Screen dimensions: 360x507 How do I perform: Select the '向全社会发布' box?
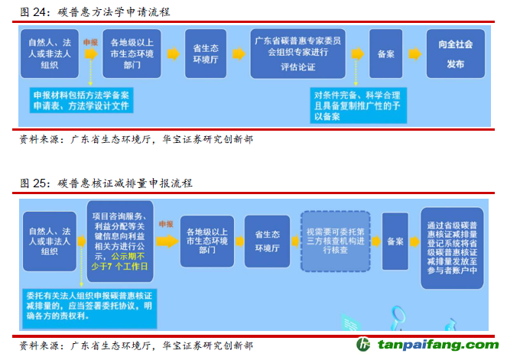[456, 54]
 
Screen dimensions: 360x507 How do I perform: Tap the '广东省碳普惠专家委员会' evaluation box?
[298, 54]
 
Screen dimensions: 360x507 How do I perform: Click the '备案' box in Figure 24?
[385, 54]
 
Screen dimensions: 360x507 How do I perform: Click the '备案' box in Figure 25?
[395, 241]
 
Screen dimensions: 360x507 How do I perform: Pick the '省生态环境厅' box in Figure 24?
[204, 54]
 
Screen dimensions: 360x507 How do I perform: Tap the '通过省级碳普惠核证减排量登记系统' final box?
[452, 248]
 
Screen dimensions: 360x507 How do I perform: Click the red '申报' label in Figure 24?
[90, 42]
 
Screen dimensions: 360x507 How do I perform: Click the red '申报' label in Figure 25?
[165, 224]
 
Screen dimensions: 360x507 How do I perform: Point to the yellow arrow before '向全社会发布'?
[415, 54]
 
